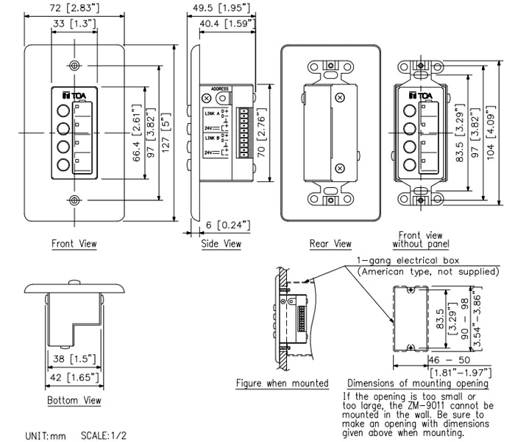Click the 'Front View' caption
pyautogui.click(x=74, y=243)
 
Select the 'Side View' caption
pyautogui.click(x=221, y=243)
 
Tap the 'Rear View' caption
pyautogui.click(x=331, y=243)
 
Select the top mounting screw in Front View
pyautogui.click(x=74, y=64)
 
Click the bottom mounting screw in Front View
pyautogui.click(x=74, y=200)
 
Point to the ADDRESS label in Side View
pyautogui.click(x=220, y=88)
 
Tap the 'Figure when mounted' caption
pyautogui.click(x=282, y=383)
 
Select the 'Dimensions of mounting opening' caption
pyautogui.click(x=417, y=383)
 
